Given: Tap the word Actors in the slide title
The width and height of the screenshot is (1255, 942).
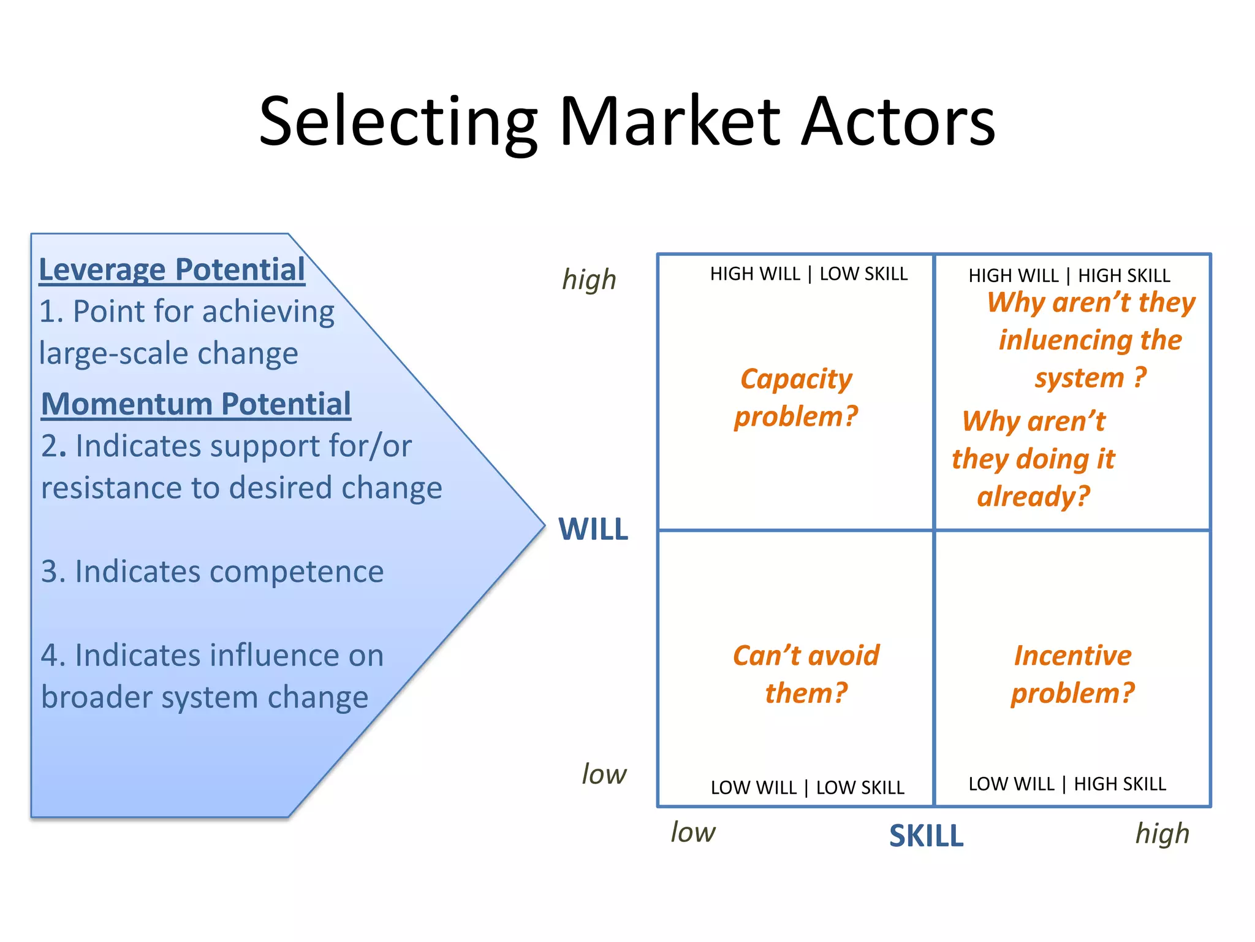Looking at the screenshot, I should click(x=898, y=123).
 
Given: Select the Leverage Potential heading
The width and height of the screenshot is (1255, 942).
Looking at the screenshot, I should click(x=172, y=270).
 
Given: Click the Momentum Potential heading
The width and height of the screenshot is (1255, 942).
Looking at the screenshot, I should click(x=196, y=405).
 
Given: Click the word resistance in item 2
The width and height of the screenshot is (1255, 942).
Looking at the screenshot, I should click(x=110, y=489).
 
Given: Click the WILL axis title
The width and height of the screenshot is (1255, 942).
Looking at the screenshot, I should click(x=593, y=529).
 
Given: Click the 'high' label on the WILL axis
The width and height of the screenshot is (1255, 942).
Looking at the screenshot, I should click(x=589, y=280).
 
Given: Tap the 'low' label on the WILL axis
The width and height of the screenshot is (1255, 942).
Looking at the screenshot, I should click(x=604, y=775).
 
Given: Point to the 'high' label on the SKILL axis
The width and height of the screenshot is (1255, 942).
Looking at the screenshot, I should click(x=1162, y=834).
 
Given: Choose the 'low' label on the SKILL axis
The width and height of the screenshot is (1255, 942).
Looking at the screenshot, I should click(x=692, y=833).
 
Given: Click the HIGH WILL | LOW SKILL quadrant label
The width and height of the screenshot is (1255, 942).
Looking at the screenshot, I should click(x=809, y=274).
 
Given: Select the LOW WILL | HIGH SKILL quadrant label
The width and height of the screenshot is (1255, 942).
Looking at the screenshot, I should click(x=1067, y=784).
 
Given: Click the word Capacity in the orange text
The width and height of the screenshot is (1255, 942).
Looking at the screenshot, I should click(x=796, y=380).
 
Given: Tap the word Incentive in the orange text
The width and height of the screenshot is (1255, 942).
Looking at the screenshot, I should click(x=1072, y=656).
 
